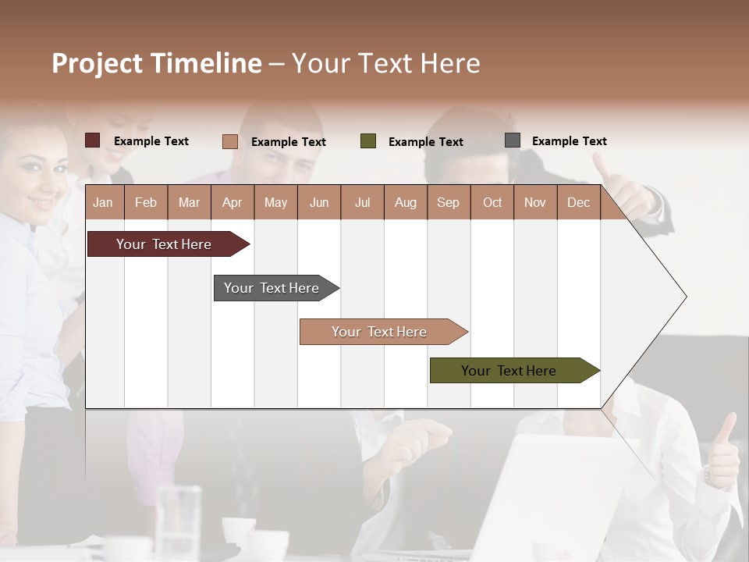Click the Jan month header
point(104,202)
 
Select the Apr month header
point(232,202)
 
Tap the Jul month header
point(362,202)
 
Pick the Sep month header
point(448,202)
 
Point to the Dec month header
point(578,202)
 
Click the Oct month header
point(492,202)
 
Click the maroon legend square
point(93,140)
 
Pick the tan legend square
point(229,141)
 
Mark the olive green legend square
point(368,141)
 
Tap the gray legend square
point(513,140)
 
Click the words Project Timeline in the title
point(156,63)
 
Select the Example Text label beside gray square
point(569,141)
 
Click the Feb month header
point(146,202)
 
